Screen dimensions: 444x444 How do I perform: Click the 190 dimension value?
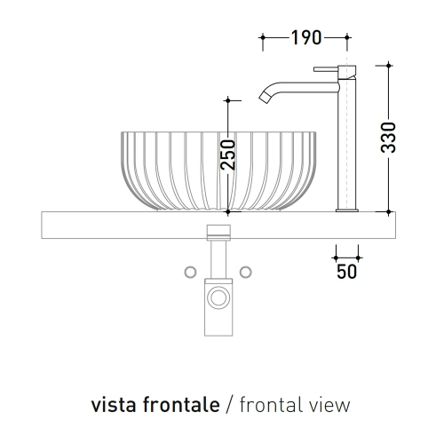coord(305,37)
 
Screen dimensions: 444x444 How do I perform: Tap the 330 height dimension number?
coord(387,137)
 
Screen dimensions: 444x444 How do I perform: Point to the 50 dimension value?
coord(347,270)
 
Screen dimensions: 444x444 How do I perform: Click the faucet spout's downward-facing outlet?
coord(264,98)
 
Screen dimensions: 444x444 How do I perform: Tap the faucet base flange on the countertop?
coord(346,210)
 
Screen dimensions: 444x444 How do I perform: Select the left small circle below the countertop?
coord(189,271)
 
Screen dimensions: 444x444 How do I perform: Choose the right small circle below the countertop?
coord(247,271)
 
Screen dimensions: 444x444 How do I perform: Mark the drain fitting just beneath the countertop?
coord(218,232)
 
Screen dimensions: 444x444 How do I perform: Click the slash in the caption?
coord(229,405)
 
